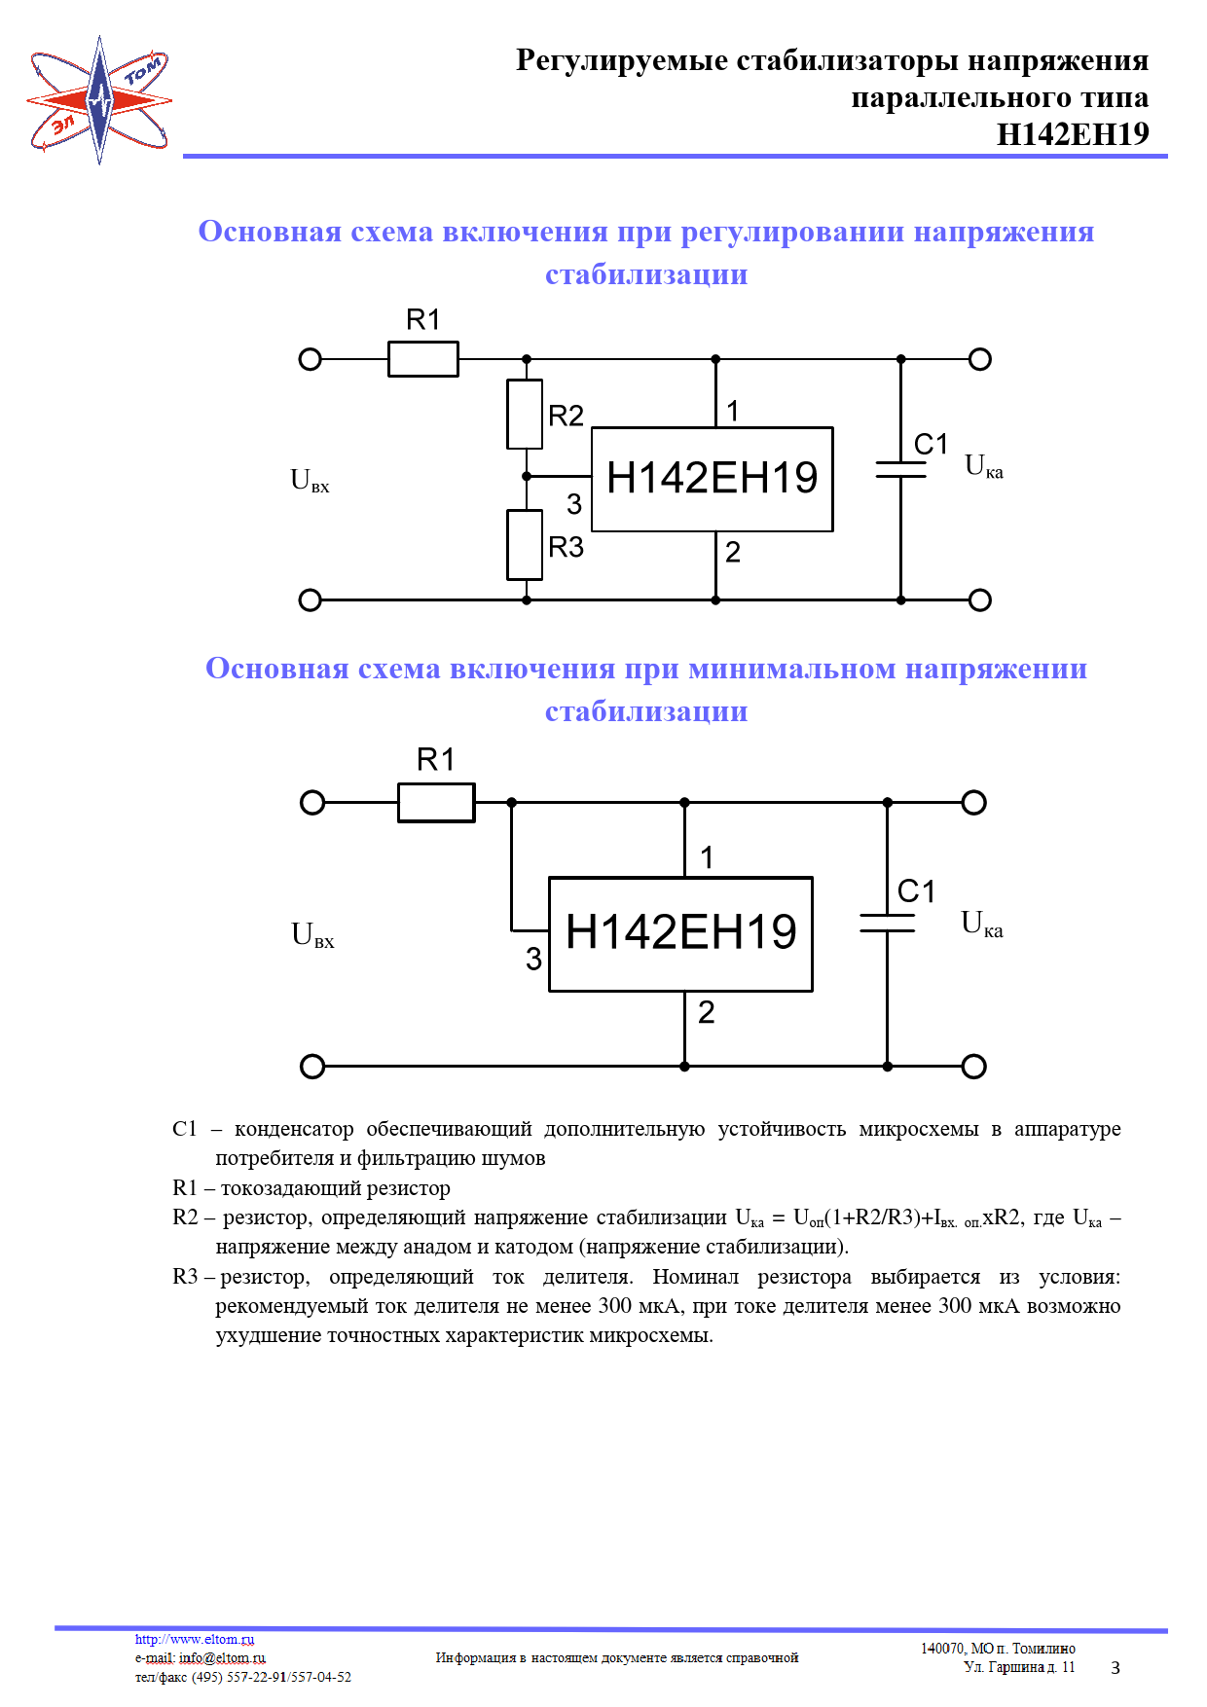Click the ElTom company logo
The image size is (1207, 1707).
coord(99,99)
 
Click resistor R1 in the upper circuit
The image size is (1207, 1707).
coord(422,359)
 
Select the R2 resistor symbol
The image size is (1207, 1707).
coord(525,415)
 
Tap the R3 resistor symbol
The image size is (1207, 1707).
coord(525,545)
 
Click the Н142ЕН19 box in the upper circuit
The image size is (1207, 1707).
coord(712,479)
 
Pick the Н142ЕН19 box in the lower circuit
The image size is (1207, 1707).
coord(680,934)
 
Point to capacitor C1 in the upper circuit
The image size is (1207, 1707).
coord(900,469)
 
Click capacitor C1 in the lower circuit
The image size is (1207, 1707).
coord(887,923)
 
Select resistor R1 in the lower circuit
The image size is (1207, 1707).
coord(436,803)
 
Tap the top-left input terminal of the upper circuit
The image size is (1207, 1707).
coord(310,359)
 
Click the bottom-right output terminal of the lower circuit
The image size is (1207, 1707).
coord(973,1067)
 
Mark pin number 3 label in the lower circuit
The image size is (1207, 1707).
coord(533,960)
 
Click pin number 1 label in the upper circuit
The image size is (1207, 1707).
coord(733,411)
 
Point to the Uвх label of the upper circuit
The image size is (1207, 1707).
coord(310,481)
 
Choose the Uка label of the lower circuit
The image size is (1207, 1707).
coord(981,924)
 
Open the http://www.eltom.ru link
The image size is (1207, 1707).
coord(195,1639)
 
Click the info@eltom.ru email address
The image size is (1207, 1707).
coord(222,1657)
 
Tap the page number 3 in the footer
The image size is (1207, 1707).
coord(1116,1668)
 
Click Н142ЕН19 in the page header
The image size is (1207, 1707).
coord(1073,134)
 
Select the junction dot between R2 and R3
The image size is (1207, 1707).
coord(527,477)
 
